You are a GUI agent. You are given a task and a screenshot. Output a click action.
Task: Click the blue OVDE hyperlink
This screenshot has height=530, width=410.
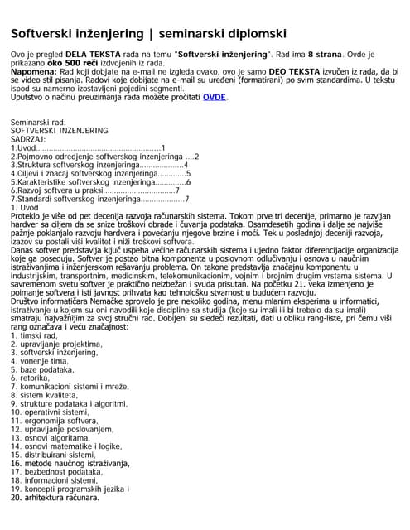click(x=214, y=97)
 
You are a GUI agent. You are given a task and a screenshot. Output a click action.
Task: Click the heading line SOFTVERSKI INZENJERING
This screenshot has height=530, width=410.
click(x=59, y=131)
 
